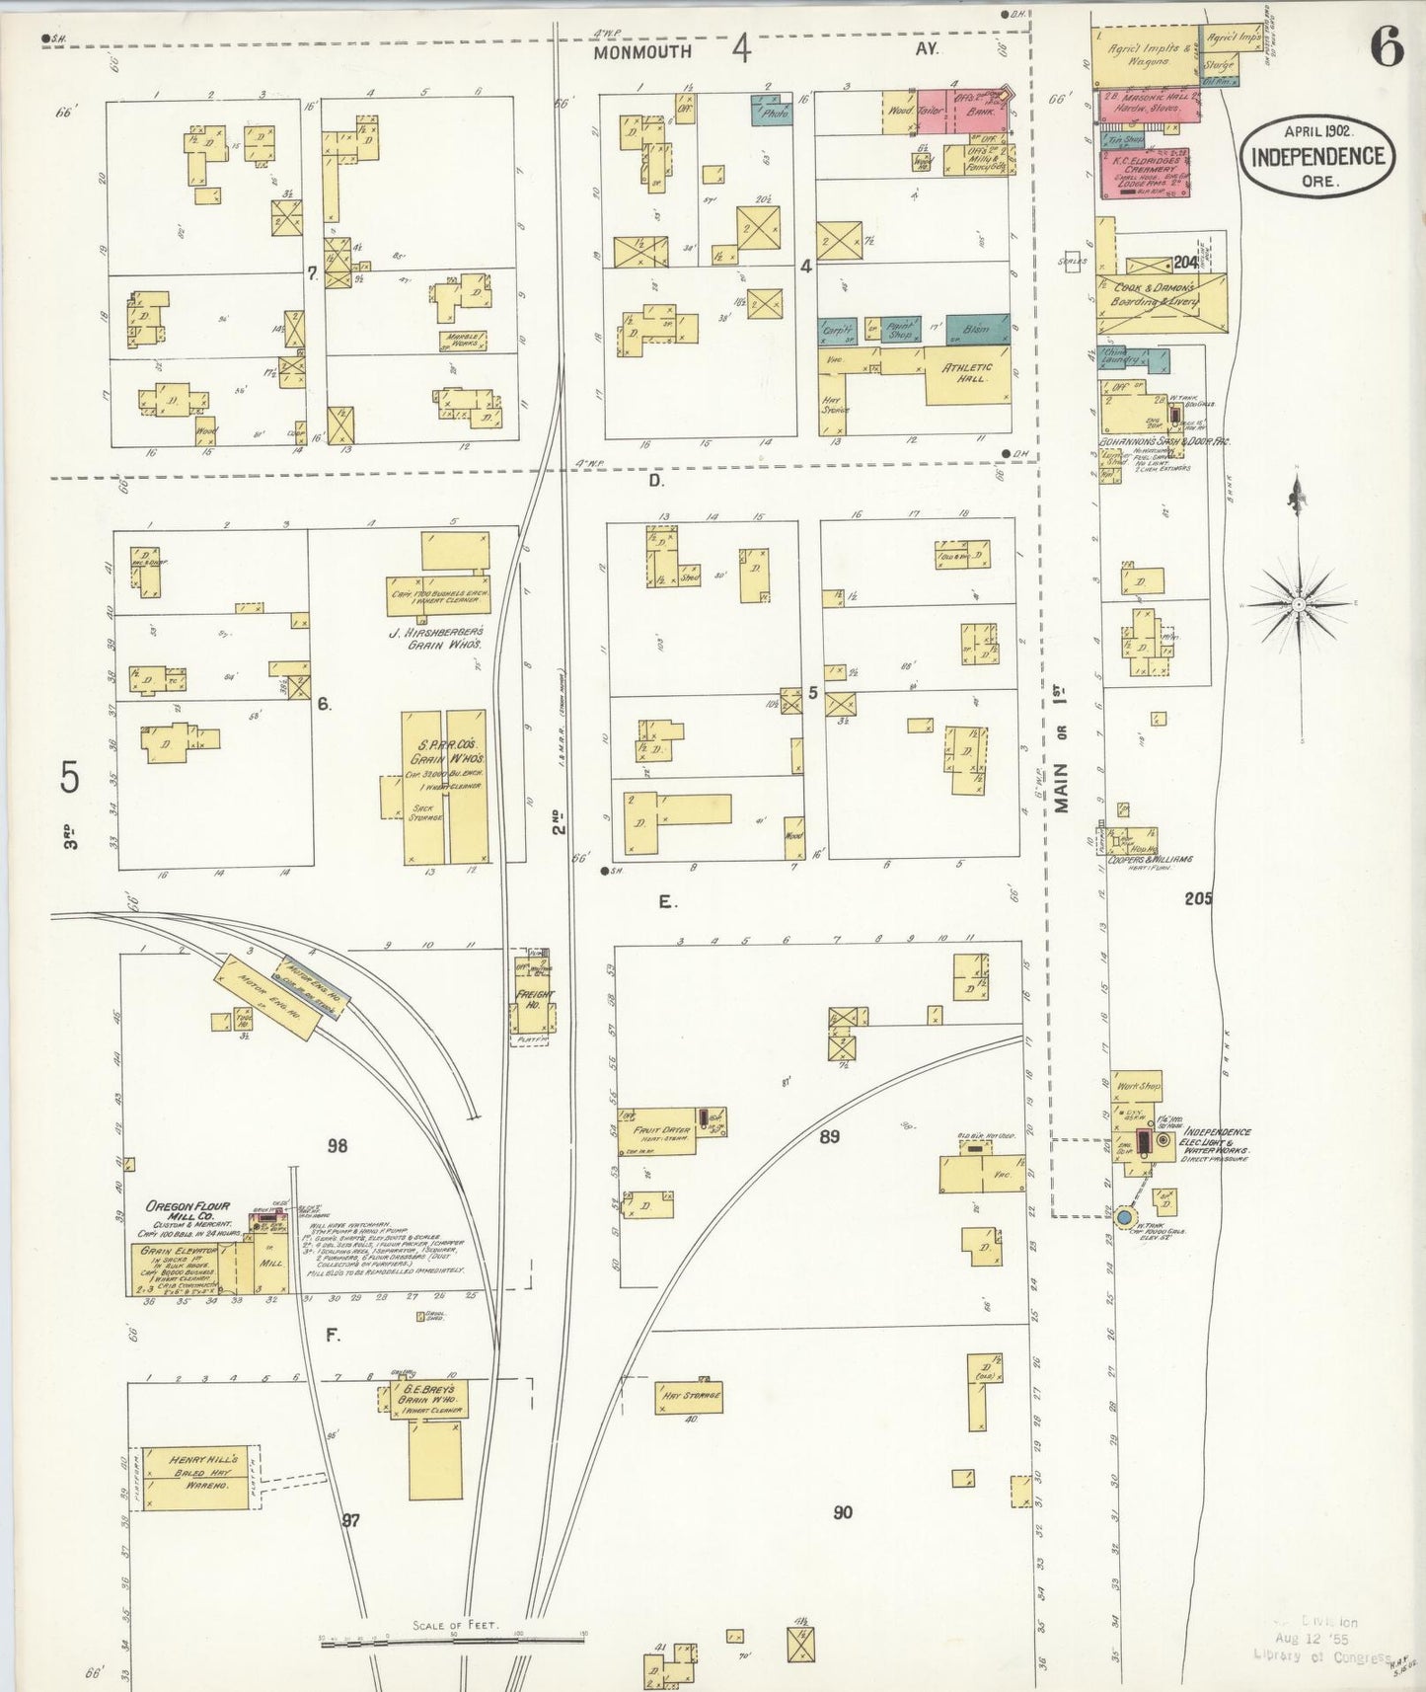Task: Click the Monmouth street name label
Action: pyautogui.click(x=642, y=51)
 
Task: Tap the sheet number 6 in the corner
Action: pyautogui.click(x=1386, y=46)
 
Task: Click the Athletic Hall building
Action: pyautogui.click(x=967, y=373)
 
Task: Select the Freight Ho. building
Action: pyautogui.click(x=533, y=1000)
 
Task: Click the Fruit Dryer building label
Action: pyautogui.click(x=661, y=1131)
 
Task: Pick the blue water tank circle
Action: pyautogui.click(x=1123, y=1218)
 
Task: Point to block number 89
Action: pyautogui.click(x=829, y=1136)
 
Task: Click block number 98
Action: pyautogui.click(x=338, y=1145)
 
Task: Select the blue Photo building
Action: pyautogui.click(x=770, y=112)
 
